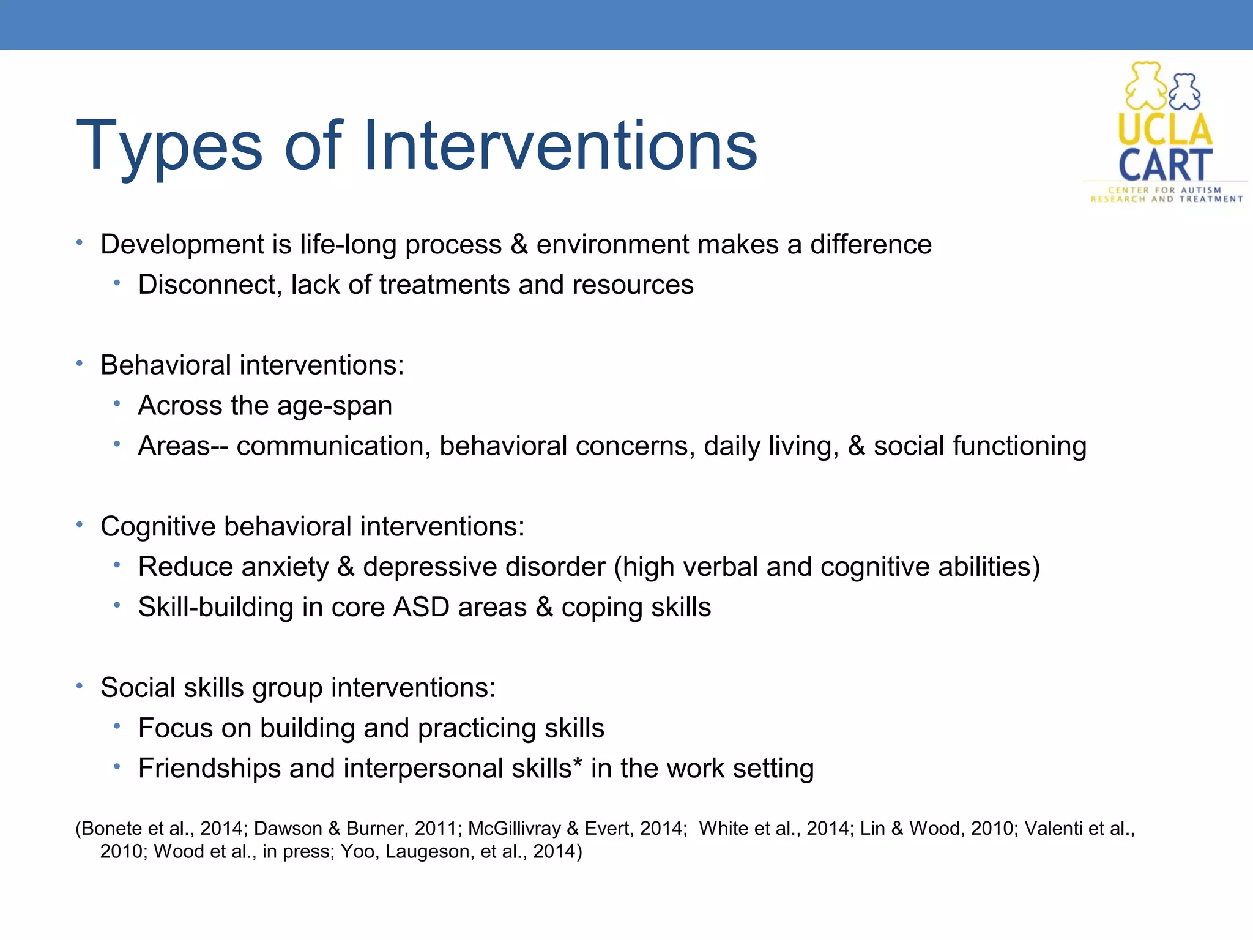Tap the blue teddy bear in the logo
(x=1185, y=92)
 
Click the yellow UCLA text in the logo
(x=1165, y=130)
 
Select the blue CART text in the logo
(x=1165, y=165)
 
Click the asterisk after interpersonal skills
(x=578, y=764)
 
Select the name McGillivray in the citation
(x=514, y=829)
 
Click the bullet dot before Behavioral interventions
(x=80, y=364)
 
